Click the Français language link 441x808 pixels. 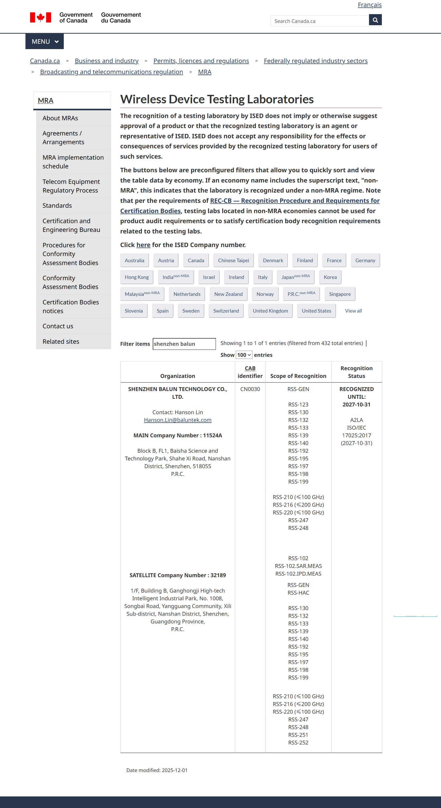point(369,5)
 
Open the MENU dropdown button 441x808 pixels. point(44,41)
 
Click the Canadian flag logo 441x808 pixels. point(40,17)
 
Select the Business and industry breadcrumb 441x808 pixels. point(106,61)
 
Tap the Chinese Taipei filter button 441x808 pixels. point(233,260)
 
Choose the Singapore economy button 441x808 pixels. point(340,294)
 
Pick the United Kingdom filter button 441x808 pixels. point(270,311)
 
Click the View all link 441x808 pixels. point(353,311)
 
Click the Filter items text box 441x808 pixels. point(184,344)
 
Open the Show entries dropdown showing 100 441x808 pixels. point(244,355)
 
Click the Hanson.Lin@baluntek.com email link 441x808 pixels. point(177,420)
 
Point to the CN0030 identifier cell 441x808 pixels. point(250,389)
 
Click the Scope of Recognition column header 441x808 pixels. point(298,376)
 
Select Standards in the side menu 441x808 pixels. point(57,205)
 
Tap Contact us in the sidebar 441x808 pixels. point(58,326)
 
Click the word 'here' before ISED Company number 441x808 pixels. point(143,245)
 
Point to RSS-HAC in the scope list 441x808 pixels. point(298,593)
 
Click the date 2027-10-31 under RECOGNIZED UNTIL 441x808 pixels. point(356,404)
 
